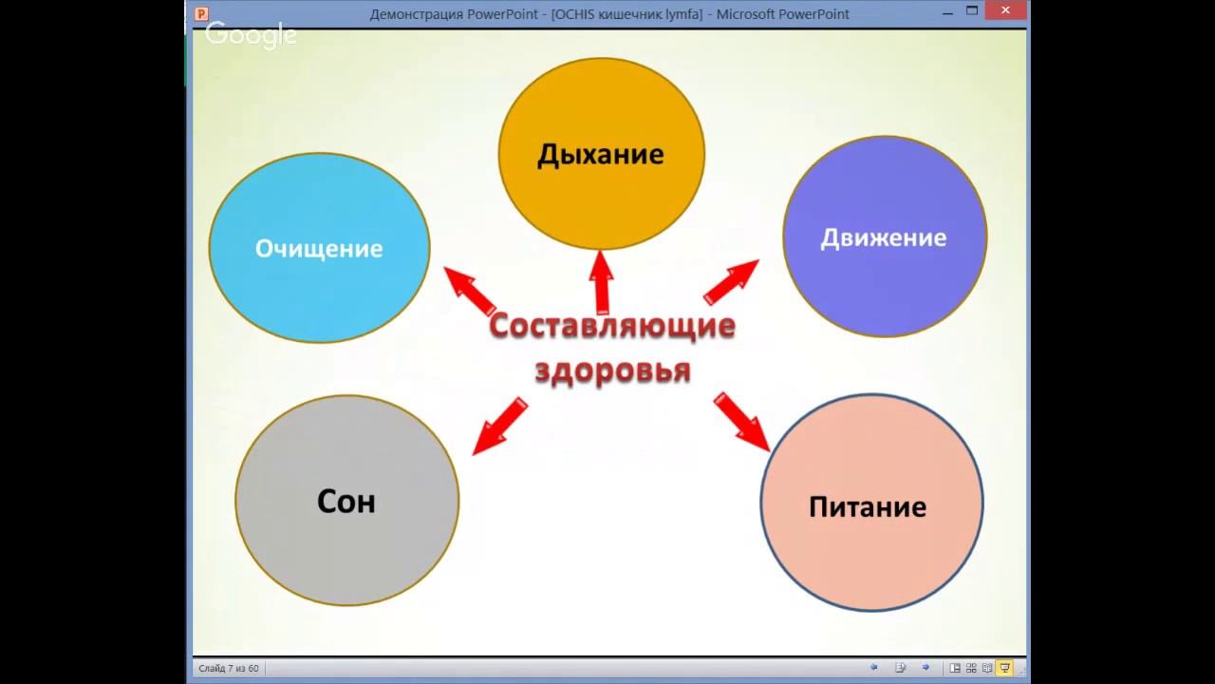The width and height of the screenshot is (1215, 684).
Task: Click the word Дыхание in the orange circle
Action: click(600, 154)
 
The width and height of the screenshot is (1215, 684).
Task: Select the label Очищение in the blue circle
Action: click(319, 249)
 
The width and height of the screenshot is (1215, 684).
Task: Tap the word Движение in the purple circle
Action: click(883, 237)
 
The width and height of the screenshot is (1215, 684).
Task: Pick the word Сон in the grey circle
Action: click(346, 502)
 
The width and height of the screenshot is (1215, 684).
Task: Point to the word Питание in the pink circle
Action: click(867, 506)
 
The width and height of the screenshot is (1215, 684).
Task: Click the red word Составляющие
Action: click(612, 326)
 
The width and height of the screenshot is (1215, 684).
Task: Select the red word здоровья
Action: click(612, 370)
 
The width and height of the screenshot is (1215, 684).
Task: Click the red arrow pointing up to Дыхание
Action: click(600, 280)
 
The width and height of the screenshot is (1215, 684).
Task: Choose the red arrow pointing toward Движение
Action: click(731, 282)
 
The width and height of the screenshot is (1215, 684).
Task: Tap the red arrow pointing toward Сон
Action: click(499, 427)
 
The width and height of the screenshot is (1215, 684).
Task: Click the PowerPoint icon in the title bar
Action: click(201, 13)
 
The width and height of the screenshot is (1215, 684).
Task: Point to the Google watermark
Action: click(252, 35)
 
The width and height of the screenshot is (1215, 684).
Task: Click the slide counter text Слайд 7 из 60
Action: click(229, 669)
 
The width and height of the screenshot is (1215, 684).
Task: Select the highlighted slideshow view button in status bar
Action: click(1004, 668)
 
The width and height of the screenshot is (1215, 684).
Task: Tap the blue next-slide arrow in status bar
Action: click(925, 668)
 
